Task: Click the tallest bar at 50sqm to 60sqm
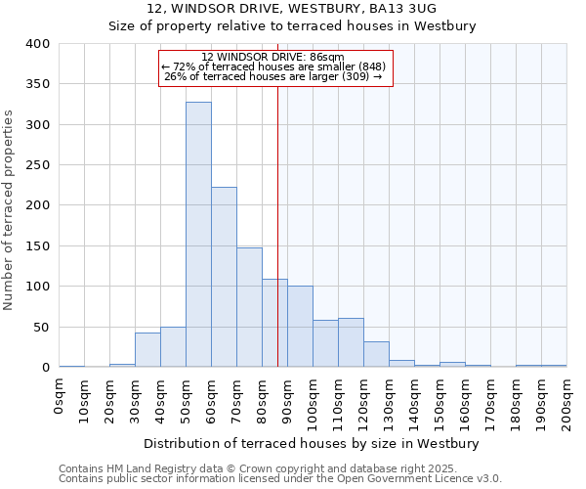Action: click(x=198, y=235)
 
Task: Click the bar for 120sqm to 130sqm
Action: click(x=376, y=354)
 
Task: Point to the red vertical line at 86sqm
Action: click(x=277, y=196)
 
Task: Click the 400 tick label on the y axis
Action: click(x=38, y=44)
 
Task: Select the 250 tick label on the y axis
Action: click(x=38, y=165)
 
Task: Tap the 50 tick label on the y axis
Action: click(x=42, y=327)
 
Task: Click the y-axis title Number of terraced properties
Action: click(x=10, y=210)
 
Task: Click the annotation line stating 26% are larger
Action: click(x=272, y=76)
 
